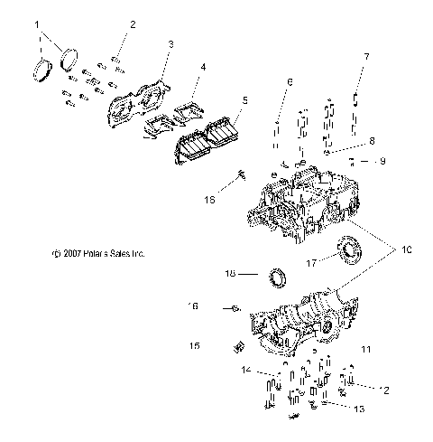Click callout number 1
coord(36,26)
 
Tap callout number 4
coord(203,66)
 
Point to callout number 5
coord(243,99)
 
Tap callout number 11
coord(366,348)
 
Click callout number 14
coord(244,371)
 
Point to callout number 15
coord(193,346)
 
